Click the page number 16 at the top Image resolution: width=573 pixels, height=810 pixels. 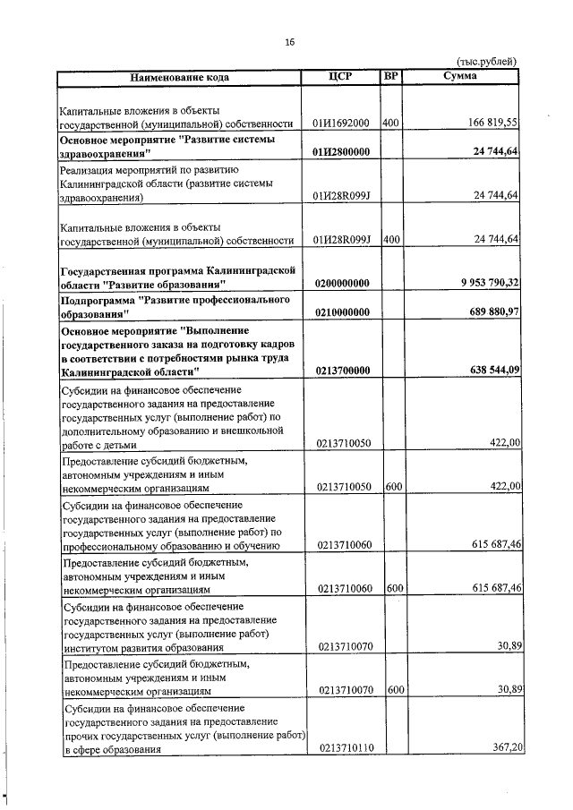[289, 41]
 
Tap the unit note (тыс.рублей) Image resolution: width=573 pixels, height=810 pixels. [487, 62]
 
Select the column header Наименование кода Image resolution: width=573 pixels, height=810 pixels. [180, 77]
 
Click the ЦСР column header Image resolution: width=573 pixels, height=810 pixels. [341, 76]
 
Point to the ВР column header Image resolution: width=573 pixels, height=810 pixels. [390, 76]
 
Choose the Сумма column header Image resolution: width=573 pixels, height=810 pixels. [460, 76]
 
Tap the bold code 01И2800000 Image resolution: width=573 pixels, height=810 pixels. [341, 153]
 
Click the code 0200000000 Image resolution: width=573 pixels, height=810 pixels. [341, 284]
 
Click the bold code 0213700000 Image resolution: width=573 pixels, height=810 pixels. [341, 370]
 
